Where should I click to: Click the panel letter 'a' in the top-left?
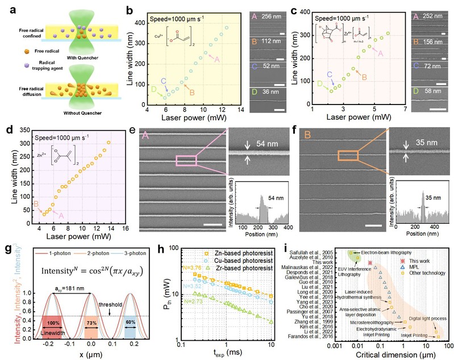click(13, 9)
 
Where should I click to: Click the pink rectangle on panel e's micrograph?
click(186, 162)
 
